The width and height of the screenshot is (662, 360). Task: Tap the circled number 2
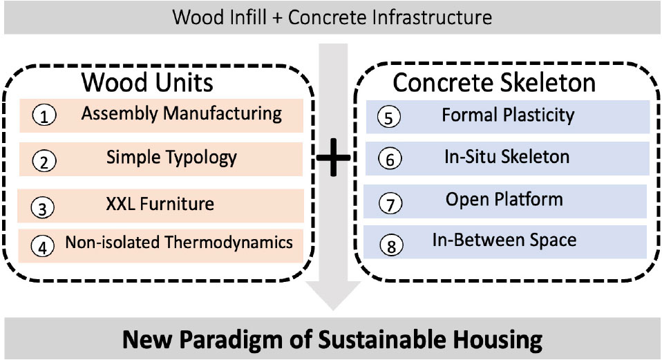(44, 162)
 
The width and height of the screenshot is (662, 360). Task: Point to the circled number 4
(44, 245)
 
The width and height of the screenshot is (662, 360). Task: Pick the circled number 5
(390, 117)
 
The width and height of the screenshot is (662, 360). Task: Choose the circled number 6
(390, 160)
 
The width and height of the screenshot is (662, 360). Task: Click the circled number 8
(390, 245)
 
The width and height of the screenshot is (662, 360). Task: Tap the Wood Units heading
(147, 82)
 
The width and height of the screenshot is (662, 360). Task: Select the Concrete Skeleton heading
(494, 82)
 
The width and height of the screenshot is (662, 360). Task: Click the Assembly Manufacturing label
(181, 114)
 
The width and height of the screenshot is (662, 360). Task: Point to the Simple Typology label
(171, 158)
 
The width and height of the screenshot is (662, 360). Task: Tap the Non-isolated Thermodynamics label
(179, 243)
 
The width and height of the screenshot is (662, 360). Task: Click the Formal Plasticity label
(508, 115)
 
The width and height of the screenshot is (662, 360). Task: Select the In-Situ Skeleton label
(507, 157)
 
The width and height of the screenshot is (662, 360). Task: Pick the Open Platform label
(504, 200)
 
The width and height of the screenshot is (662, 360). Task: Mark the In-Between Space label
(504, 240)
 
